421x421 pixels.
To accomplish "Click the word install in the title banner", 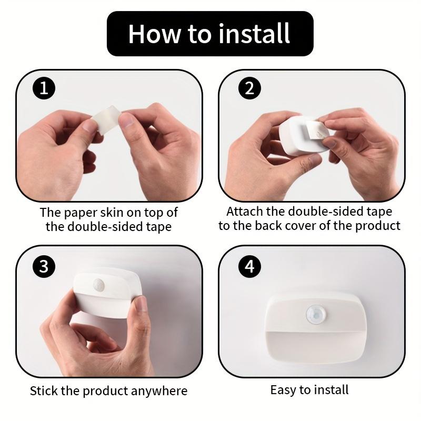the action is pos(254,34).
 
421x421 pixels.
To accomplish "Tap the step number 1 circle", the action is pos(44,88).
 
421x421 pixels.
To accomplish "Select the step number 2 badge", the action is pos(249,88).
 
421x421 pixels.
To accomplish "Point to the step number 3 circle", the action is pos(44,267).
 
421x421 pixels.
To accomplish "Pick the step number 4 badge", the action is pos(249,267).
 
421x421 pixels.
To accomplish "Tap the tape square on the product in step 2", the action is pos(317,130).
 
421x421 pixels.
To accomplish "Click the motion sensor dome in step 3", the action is pos(98,285).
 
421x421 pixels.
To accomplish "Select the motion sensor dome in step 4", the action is pos(316,314).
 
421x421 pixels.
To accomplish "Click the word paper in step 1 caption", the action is pos(81,213).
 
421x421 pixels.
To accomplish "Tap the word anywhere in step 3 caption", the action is pos(159,391).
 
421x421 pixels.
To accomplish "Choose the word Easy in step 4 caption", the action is pos(284,390).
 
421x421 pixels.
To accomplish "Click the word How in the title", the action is pos(154,34).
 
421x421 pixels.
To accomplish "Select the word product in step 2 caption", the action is pos(377,226).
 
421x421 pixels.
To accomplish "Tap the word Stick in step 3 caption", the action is pos(44,390).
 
